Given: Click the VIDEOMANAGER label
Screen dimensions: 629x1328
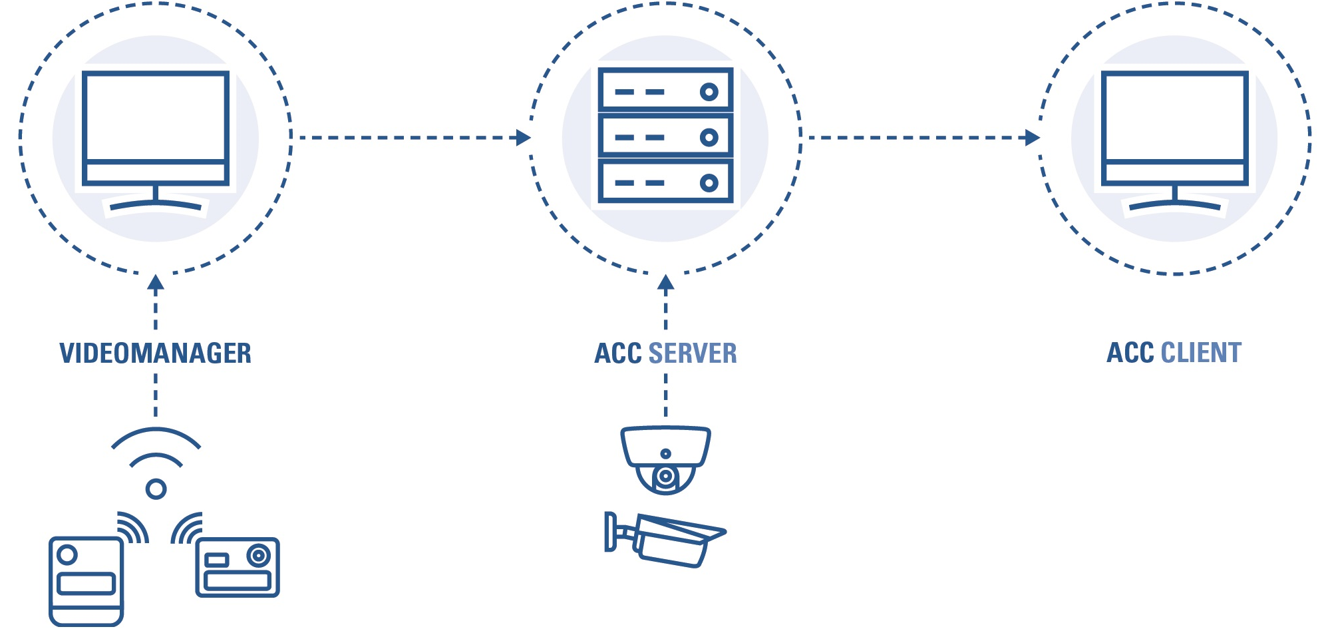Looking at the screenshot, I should pos(155,353).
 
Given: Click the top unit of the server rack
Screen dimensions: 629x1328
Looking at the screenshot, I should pos(665,91).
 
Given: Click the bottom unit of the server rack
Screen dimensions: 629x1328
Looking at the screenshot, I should pos(665,182).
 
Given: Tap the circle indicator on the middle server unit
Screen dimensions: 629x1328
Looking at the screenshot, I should pos(709,137).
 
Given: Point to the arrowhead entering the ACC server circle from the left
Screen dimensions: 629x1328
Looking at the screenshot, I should pos(524,138).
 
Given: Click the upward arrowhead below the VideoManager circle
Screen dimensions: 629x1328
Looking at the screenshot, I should pos(156,282).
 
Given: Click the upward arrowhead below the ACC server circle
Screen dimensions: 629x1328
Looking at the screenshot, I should pos(665,282).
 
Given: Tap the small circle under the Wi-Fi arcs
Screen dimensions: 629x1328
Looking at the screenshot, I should pos(156,489).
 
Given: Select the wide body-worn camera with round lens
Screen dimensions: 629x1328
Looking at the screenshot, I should pos(238,567).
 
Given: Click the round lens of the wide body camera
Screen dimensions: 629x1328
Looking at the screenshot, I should pos(258,555).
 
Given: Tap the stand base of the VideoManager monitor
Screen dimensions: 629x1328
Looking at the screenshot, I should pos(156,206).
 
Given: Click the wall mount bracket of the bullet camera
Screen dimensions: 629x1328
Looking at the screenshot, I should pos(610,531).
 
